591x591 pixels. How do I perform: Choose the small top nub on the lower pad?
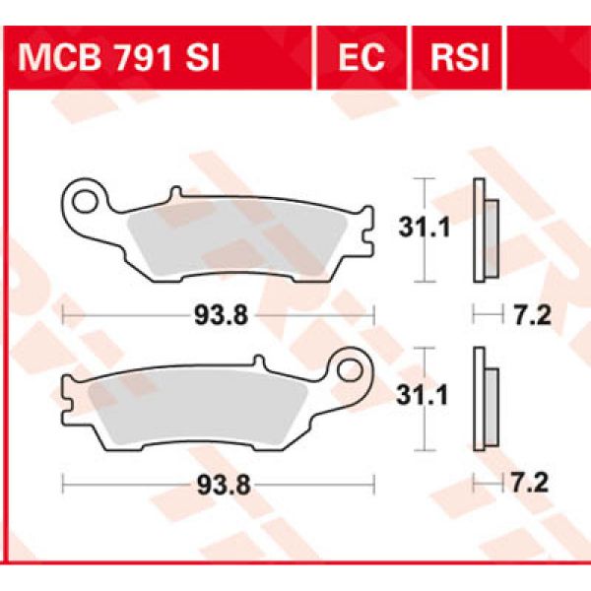(255, 361)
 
